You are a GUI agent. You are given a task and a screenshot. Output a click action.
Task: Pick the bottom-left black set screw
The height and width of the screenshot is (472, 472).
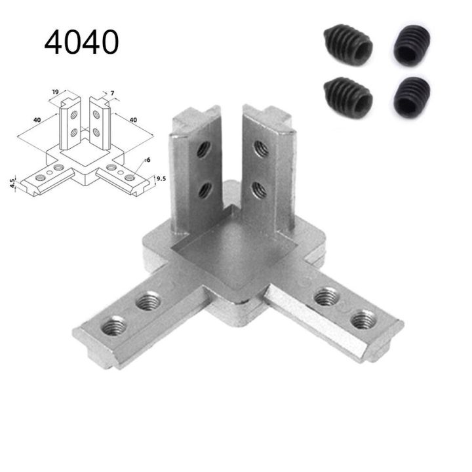pyautogui.click(x=347, y=96)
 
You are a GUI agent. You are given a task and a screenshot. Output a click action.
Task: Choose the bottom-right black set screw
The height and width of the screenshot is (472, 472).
pyautogui.click(x=412, y=96)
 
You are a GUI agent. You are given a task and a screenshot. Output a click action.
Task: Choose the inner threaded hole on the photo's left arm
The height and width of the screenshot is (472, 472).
pyautogui.click(x=147, y=304)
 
